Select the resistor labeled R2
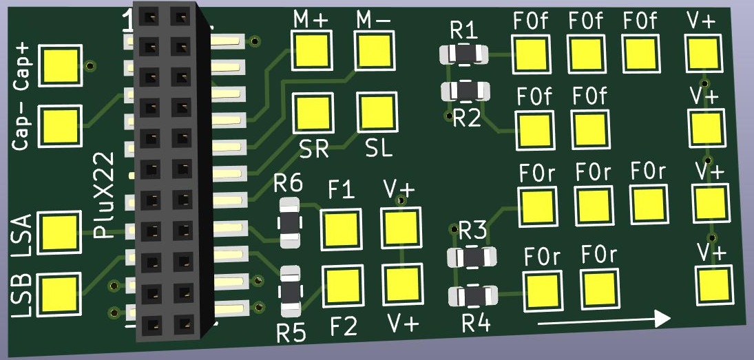465,90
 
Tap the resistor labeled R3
472,257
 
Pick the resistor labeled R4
473,296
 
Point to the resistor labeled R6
289,223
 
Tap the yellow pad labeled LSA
61,231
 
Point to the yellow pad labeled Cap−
61,125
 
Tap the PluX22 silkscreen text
103,195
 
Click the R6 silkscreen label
288,184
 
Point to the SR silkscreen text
313,148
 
